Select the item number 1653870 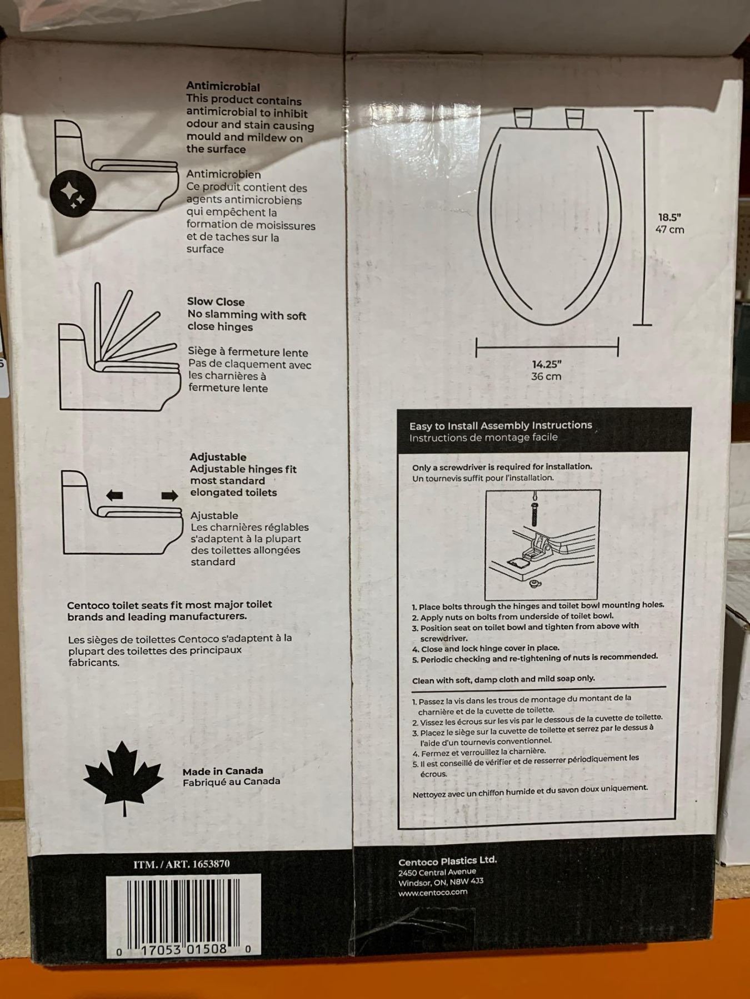tap(210, 864)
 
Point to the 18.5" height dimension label tap(669, 218)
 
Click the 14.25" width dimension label tap(547, 364)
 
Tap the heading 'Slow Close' tap(216, 302)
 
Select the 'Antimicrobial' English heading tap(223, 87)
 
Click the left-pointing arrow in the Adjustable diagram tap(114, 495)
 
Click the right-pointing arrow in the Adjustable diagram tap(169, 495)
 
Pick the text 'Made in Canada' tap(223, 771)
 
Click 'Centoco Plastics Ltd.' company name tap(447, 861)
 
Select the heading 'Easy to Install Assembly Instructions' tap(501, 426)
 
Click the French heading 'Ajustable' tap(214, 516)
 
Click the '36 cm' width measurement tap(546, 376)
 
